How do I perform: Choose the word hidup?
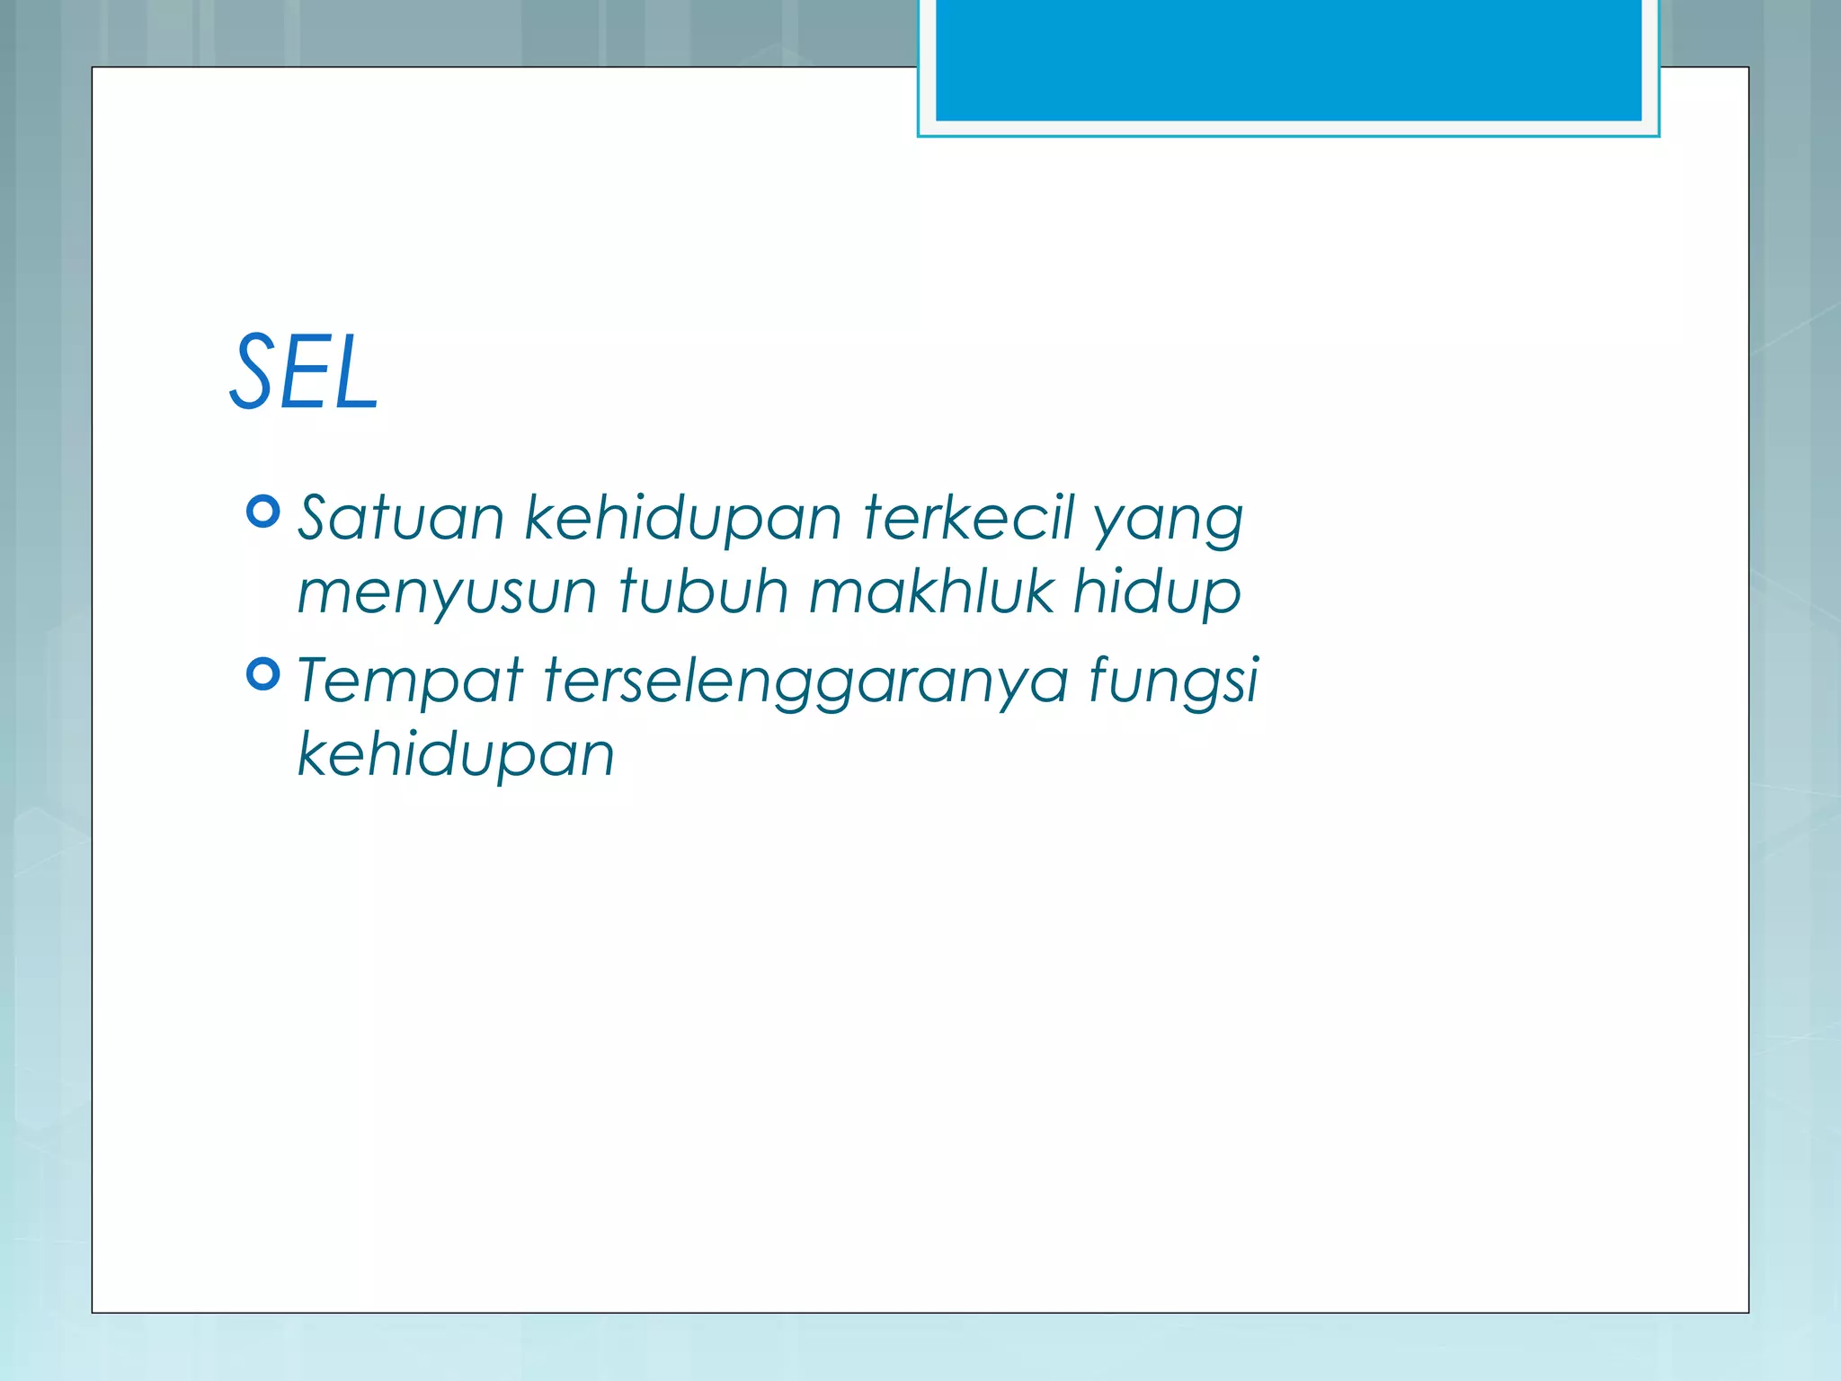pos(1158,593)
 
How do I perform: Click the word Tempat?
pos(410,682)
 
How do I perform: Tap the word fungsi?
pos(1174,682)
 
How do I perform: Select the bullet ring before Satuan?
pos(262,512)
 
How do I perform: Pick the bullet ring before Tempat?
pos(262,673)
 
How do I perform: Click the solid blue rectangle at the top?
pos(1288,59)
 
